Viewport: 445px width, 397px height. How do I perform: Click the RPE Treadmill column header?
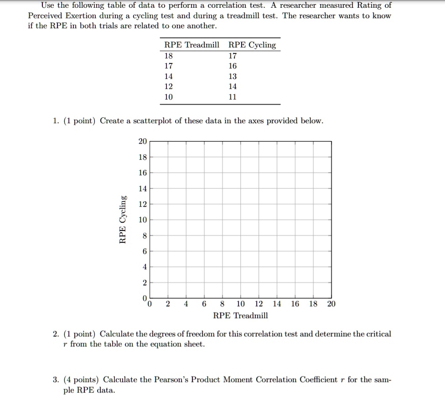[191, 45]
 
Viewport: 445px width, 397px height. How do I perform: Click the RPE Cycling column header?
[252, 45]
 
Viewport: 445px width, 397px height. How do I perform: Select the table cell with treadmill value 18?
[169, 56]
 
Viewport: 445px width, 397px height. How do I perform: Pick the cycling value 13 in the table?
[233, 76]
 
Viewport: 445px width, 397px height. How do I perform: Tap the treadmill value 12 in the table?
[169, 86]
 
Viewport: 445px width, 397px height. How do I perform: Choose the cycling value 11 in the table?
[233, 97]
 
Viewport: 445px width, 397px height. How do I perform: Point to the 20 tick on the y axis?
[142, 141]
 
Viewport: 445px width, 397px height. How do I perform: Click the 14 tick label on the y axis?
[142, 188]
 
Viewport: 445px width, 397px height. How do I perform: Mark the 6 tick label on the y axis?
[144, 251]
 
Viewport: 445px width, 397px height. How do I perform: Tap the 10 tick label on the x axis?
[240, 304]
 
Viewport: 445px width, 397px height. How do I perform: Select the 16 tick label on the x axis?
[295, 304]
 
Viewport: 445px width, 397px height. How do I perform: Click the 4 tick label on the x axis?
[186, 304]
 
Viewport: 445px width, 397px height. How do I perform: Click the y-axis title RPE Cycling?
[122, 219]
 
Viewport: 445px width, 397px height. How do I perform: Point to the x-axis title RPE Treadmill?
[240, 315]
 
